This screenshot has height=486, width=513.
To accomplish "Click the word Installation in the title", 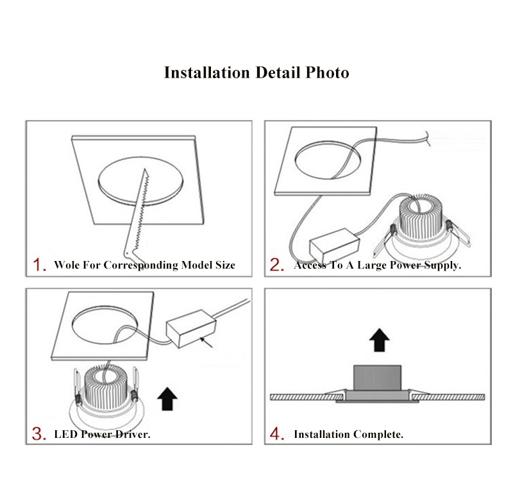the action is pyautogui.click(x=206, y=72).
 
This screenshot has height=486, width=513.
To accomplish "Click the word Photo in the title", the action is pyautogui.click(x=327, y=72).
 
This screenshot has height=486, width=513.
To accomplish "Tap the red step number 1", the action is pyautogui.click(x=40, y=265).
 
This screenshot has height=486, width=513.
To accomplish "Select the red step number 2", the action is pyautogui.click(x=277, y=265).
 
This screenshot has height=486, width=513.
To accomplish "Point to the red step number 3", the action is pyautogui.click(x=39, y=433).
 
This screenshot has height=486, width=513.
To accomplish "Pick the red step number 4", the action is pyautogui.click(x=277, y=433).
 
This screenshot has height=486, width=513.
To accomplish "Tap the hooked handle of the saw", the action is pyautogui.click(x=131, y=255).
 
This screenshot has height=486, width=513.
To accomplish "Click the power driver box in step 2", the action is pyautogui.click(x=334, y=242).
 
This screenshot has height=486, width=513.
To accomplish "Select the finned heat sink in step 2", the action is pyautogui.click(x=421, y=216).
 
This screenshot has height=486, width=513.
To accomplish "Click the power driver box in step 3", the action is pyautogui.click(x=191, y=329).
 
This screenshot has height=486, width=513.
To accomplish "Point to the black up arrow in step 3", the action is pyautogui.click(x=167, y=399).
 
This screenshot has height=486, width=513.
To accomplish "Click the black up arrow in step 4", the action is pyautogui.click(x=379, y=340).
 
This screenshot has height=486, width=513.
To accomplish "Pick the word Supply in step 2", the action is pyautogui.click(x=442, y=265).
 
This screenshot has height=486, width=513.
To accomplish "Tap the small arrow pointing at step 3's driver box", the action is pyautogui.click(x=206, y=343).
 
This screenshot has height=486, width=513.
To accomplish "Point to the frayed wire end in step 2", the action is pyautogui.click(x=427, y=138).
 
